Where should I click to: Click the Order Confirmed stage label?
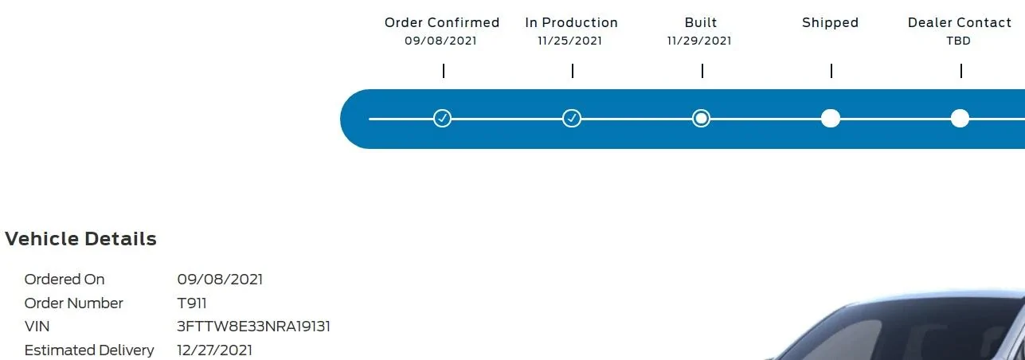click(x=441, y=22)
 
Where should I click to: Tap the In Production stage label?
click(x=572, y=22)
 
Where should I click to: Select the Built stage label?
click(x=701, y=22)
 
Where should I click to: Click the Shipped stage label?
click(x=830, y=23)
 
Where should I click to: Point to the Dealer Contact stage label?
click(x=960, y=22)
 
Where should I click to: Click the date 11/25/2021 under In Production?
click(x=569, y=41)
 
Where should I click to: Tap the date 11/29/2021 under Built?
click(x=699, y=41)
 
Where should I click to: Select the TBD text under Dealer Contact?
click(x=958, y=41)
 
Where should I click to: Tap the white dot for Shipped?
click(x=831, y=119)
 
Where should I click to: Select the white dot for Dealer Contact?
click(x=960, y=119)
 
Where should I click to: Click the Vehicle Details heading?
click(x=80, y=239)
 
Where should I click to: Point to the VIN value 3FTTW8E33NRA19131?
click(x=253, y=327)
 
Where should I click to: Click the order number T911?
click(x=192, y=303)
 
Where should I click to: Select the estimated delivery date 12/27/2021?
click(x=214, y=350)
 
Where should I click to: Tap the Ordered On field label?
click(x=65, y=280)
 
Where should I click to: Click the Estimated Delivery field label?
click(x=89, y=350)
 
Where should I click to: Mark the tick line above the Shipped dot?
click(x=831, y=71)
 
